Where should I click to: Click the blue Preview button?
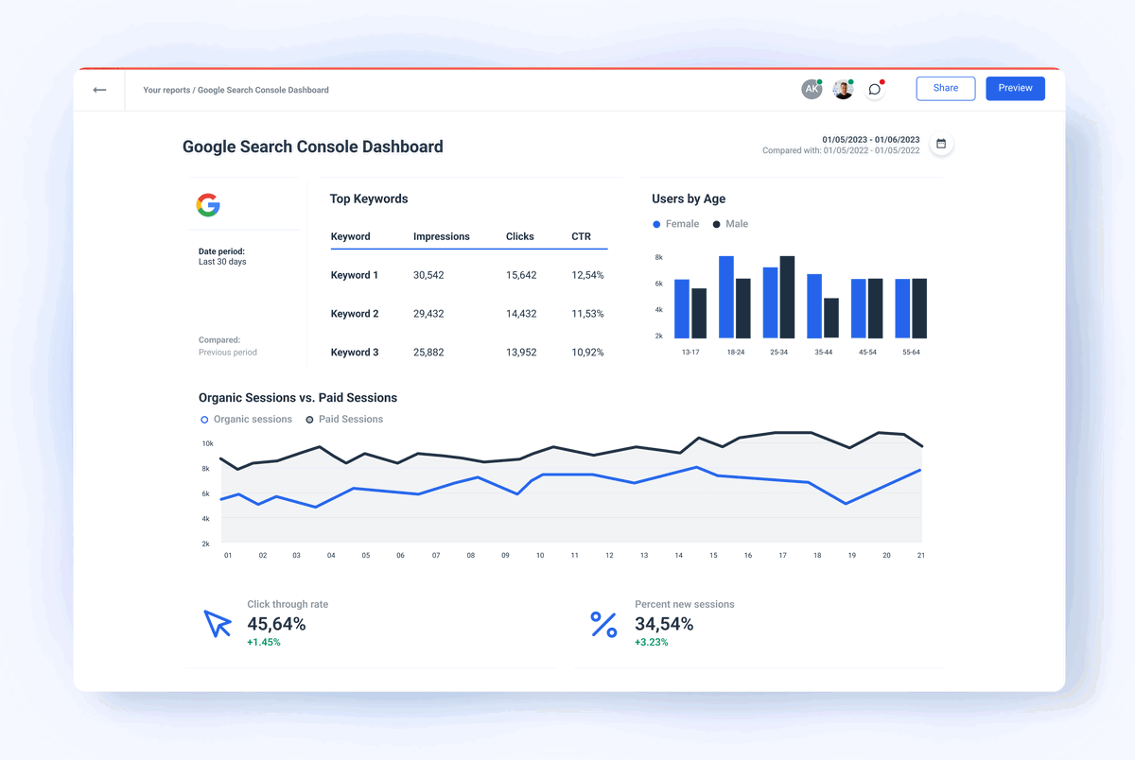pos(1015,88)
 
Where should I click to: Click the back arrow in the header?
pos(99,90)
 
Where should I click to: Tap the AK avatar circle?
pos(812,89)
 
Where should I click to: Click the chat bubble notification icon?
pos(875,90)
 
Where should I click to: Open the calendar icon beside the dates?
pos(941,144)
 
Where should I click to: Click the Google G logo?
pos(208,205)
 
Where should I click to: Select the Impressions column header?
pos(441,236)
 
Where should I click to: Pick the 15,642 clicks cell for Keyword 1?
pos(521,275)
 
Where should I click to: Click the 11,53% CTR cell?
pos(587,314)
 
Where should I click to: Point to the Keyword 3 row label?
pos(355,353)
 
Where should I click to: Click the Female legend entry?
pos(676,224)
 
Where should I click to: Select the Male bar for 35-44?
pos(830,318)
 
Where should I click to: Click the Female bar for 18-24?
pos(726,297)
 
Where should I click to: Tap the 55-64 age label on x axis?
pos(910,352)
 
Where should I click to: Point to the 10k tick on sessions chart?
pos(206,443)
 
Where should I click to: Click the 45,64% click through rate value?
pos(276,624)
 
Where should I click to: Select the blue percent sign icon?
pos(603,624)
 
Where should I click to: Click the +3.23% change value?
pos(651,643)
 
